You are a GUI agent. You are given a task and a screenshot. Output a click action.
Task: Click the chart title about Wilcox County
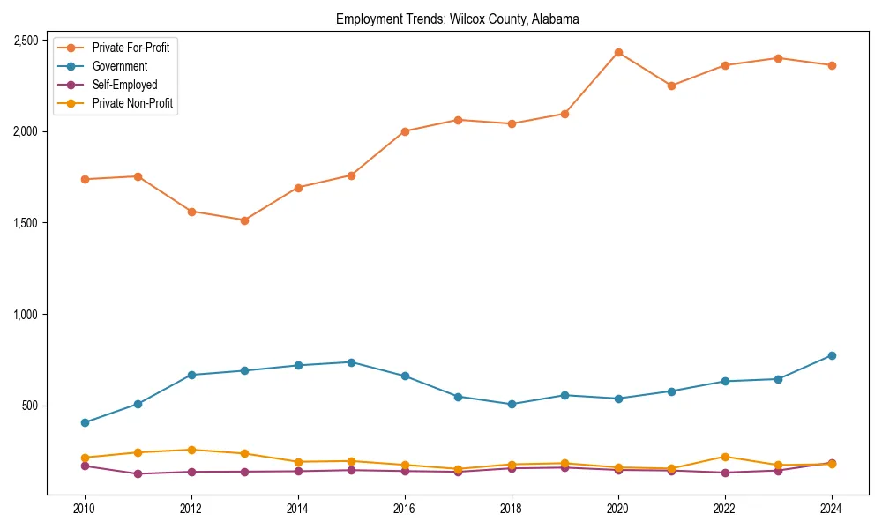click(x=457, y=19)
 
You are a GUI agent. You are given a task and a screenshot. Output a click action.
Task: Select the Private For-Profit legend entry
click(x=131, y=48)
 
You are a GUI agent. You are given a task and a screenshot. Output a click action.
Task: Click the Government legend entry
click(x=120, y=66)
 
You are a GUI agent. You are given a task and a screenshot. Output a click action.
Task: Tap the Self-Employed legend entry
click(x=124, y=85)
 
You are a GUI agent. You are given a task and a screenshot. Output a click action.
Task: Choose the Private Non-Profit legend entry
click(x=132, y=104)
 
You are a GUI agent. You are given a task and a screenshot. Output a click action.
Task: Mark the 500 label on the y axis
click(x=29, y=406)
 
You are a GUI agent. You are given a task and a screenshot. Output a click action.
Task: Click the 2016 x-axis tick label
click(x=405, y=509)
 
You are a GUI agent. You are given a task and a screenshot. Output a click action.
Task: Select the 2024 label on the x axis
click(x=831, y=509)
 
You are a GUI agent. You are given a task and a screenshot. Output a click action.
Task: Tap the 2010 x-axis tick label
click(x=85, y=509)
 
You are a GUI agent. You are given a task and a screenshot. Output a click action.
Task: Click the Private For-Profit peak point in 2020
click(x=618, y=53)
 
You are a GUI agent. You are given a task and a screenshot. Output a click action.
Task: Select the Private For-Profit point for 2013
click(x=244, y=220)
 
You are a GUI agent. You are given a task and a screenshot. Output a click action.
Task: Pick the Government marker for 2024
click(x=831, y=355)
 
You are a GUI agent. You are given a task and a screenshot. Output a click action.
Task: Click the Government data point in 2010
click(x=85, y=422)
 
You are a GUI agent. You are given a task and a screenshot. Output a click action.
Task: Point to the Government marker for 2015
click(x=351, y=362)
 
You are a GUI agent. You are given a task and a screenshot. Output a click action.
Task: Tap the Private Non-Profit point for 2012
click(x=191, y=450)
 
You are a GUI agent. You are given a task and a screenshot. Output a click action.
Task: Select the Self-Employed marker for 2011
click(x=138, y=473)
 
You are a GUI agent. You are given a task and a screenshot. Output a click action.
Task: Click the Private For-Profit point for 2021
click(x=671, y=86)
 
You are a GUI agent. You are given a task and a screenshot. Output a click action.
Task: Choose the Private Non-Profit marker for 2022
click(x=725, y=457)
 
